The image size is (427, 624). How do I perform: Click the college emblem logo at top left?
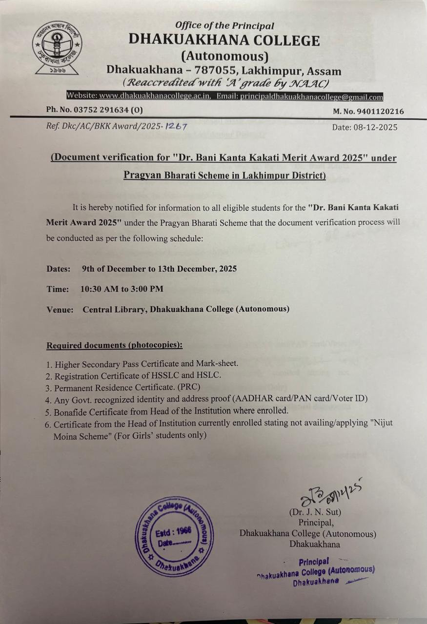click(x=57, y=48)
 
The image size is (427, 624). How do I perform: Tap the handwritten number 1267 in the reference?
click(x=177, y=126)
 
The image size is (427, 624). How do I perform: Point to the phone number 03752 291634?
click(x=102, y=110)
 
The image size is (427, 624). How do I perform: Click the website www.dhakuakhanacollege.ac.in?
click(x=155, y=97)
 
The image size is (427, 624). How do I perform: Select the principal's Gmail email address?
click(x=311, y=97)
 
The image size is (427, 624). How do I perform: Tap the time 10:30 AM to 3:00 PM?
click(x=122, y=289)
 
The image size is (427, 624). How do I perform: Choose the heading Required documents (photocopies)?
click(x=114, y=345)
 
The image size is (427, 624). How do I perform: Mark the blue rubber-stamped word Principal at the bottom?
click(x=314, y=561)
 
